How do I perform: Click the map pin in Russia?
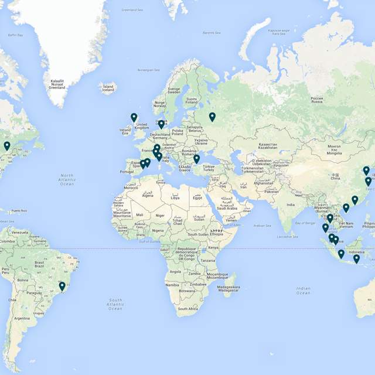coord(212,117)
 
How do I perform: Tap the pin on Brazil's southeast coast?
coord(62,287)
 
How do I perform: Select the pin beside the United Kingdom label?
coord(134,118)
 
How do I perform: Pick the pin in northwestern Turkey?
coord(196,159)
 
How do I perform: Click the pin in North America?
coord(7,146)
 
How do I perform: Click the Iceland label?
coord(108,88)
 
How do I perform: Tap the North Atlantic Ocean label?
coord(67,179)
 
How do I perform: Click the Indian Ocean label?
coord(303,290)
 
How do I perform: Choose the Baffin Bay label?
coord(15,35)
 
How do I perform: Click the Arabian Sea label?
coord(262,226)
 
